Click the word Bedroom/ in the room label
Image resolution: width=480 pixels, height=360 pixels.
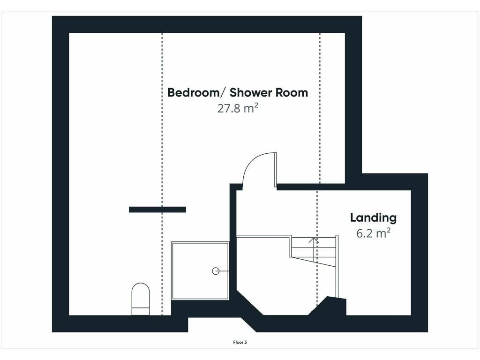tap(194, 92)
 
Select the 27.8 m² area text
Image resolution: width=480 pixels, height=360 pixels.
tap(238, 108)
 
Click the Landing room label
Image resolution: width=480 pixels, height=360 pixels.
tap(373, 217)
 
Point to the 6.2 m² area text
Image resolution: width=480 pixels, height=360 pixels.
tap(373, 233)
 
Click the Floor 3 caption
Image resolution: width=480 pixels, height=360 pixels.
tap(240, 342)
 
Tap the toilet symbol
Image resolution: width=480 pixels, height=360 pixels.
tap(141, 299)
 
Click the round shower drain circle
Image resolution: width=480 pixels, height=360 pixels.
tap(216, 271)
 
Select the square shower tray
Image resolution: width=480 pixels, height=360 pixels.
tap(200, 271)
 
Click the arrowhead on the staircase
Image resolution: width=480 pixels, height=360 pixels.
tap(314, 240)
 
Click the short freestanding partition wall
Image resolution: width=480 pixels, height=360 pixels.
tap(157, 210)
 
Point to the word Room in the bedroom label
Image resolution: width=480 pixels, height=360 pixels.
tap(292, 92)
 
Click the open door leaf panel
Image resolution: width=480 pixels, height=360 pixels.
tap(276, 170)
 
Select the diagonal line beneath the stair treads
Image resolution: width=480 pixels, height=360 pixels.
tap(313, 262)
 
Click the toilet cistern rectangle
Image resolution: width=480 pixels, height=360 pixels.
tap(141, 311)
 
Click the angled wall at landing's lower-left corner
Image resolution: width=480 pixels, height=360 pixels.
tap(250, 302)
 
